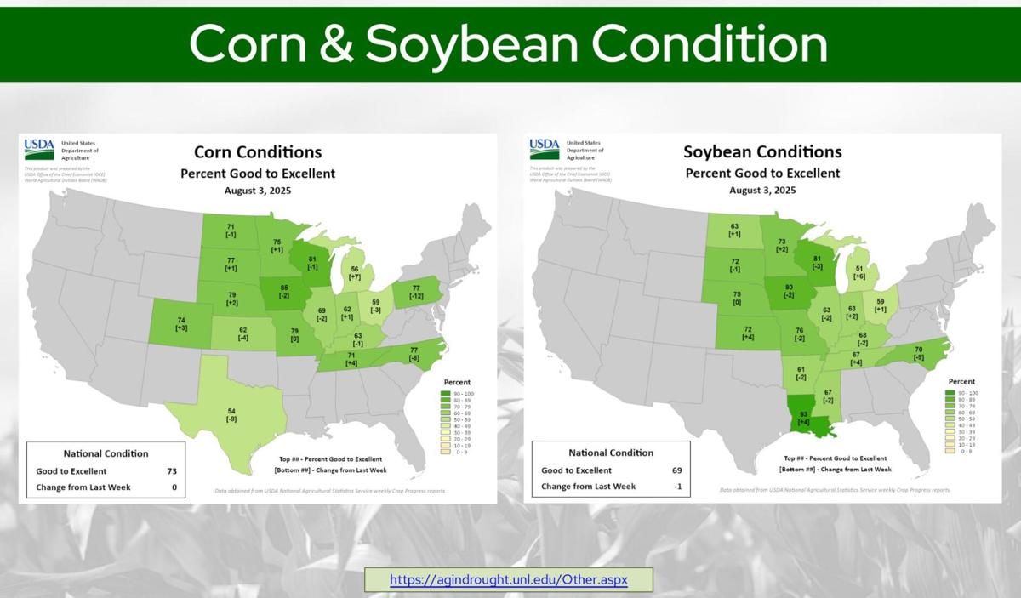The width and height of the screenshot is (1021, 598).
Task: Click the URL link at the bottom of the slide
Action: tap(509, 580)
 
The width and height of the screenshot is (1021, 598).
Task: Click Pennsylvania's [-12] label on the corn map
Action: tap(417, 296)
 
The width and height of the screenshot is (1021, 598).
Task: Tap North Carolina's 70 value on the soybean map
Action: tap(918, 349)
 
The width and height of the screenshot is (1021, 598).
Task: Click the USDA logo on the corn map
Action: tap(39, 150)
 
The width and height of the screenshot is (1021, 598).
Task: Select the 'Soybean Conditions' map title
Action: tap(762, 152)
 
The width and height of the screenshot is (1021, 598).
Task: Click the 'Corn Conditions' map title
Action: tap(258, 152)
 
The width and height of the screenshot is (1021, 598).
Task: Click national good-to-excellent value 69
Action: tap(676, 470)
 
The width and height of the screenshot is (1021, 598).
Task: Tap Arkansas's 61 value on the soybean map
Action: tap(801, 368)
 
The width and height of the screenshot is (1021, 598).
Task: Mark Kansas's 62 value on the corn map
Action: tap(242, 329)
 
